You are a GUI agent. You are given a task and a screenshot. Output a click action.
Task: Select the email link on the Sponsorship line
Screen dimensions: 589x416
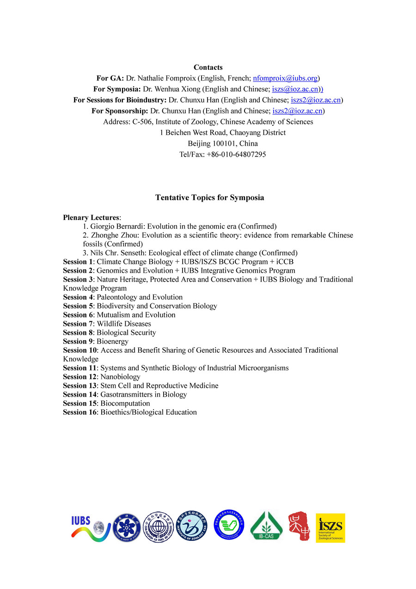coord(297,111)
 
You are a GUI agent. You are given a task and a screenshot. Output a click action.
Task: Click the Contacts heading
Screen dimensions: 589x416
coord(208,67)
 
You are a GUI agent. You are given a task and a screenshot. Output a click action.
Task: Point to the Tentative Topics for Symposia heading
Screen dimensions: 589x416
coord(209,197)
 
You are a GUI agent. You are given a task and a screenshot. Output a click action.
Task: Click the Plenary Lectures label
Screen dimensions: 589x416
coord(91,217)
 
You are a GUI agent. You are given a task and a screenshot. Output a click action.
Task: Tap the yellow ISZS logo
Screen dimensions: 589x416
coord(330,528)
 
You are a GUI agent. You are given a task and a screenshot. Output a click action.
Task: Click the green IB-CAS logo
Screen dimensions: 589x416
coord(267,526)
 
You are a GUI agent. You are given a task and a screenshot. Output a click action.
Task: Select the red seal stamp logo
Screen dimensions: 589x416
coord(299,527)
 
